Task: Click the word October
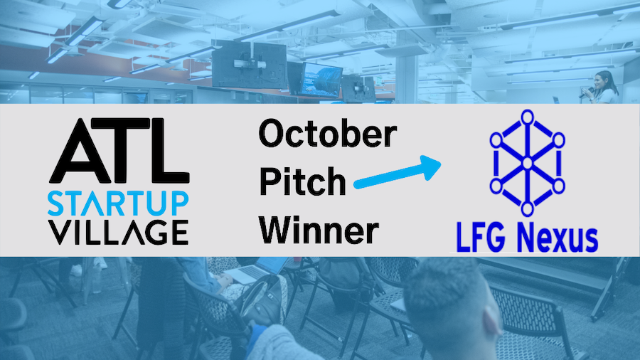point(328,133)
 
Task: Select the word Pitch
point(302,181)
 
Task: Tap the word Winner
point(319,230)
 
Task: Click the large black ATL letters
point(119,150)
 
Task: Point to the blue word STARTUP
point(118,203)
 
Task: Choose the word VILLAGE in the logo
point(118,232)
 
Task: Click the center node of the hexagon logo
point(528,163)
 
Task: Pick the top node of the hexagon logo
point(528,117)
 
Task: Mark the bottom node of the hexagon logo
point(528,209)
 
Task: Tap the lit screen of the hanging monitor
point(321,79)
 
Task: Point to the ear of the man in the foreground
point(492,316)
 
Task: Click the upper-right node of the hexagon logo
point(558,140)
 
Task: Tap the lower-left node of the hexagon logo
point(496,186)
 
